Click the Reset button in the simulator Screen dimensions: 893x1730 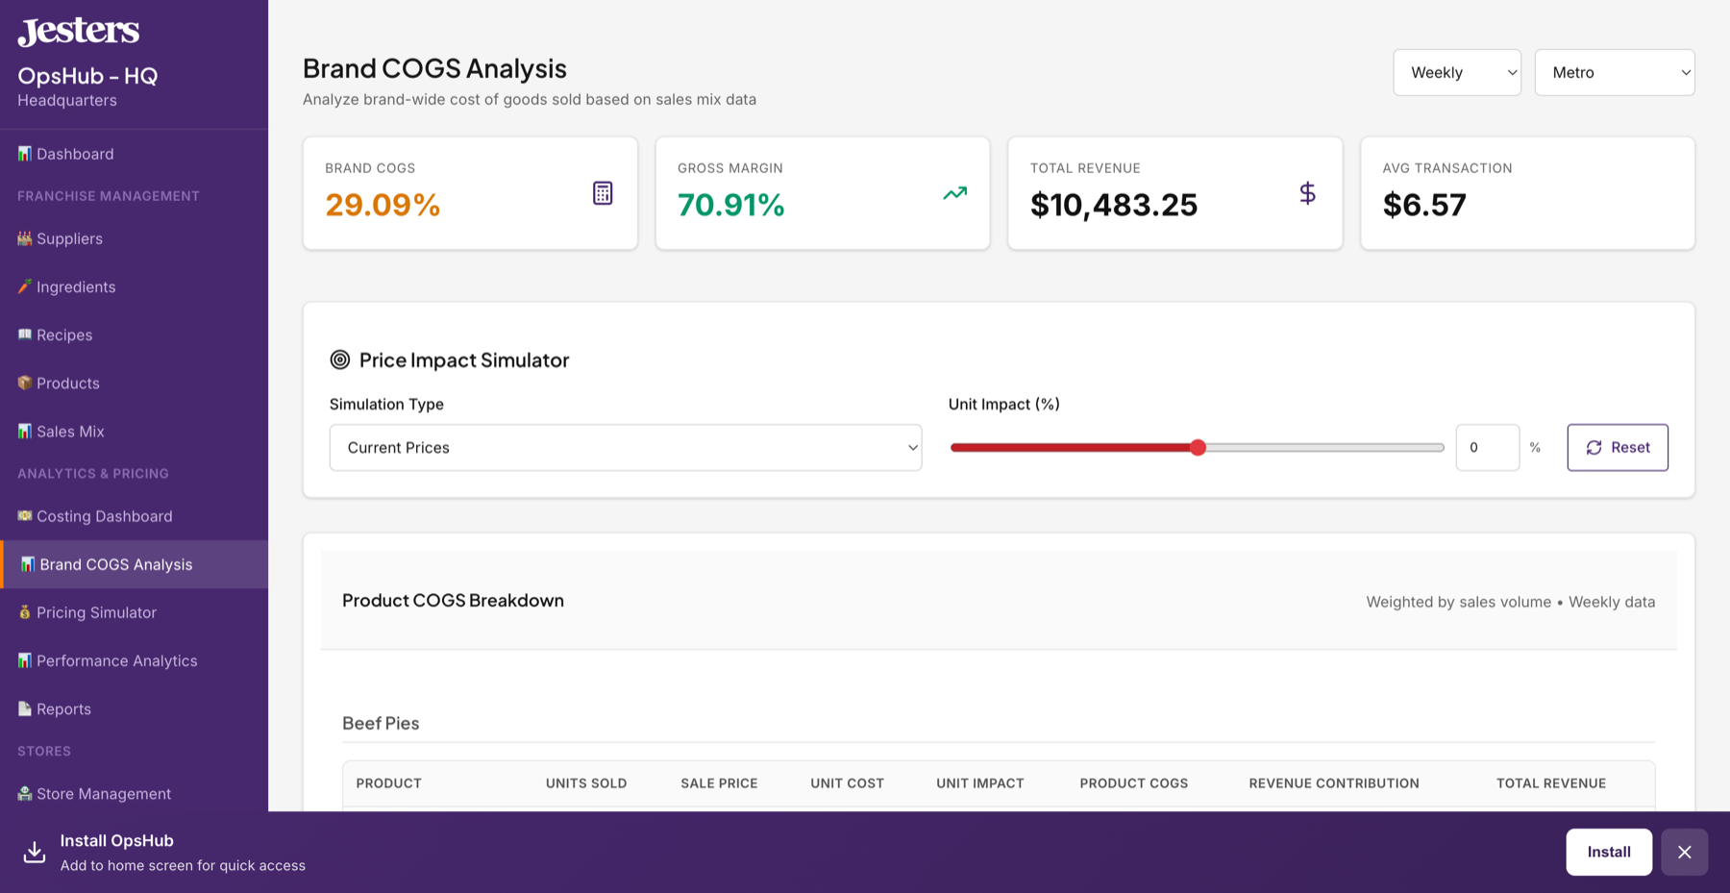(x=1618, y=448)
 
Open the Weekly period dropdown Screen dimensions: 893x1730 (x=1456, y=73)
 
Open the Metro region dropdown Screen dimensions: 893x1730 (x=1614, y=73)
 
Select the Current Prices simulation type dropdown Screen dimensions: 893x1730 (x=625, y=448)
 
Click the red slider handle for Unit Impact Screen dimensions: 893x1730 (x=1198, y=448)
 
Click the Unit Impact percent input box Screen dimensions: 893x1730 (x=1486, y=448)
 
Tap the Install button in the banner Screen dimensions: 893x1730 (x=1608, y=852)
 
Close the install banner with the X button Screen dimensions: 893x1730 (x=1684, y=852)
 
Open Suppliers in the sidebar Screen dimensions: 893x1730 (x=69, y=239)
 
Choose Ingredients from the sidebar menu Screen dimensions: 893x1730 (x=75, y=287)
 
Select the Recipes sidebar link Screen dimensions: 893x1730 (x=63, y=335)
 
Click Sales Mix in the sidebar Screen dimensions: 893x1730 (x=69, y=432)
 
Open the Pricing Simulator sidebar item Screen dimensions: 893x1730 (x=95, y=613)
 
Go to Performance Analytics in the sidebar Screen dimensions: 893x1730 (x=116, y=661)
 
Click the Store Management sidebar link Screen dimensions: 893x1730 (x=103, y=794)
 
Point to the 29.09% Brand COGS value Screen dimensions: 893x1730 (x=383, y=205)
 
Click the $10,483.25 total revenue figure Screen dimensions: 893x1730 (x=1113, y=205)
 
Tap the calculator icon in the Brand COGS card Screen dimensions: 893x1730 (x=603, y=193)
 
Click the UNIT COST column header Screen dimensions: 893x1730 (x=847, y=783)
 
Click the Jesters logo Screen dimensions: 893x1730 (x=79, y=32)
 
